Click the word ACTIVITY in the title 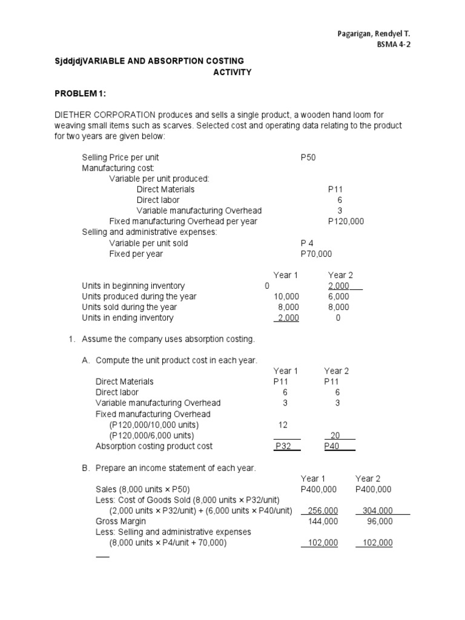click(232, 73)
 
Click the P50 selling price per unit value click(308, 157)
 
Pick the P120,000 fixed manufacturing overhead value click(346, 222)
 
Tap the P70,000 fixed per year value click(316, 254)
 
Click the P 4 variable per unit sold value click(309, 243)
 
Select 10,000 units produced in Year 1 click(286, 297)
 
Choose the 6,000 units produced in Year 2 click(338, 297)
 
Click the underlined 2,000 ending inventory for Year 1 click(288, 318)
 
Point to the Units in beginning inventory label click(133, 286)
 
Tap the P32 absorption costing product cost click(284, 446)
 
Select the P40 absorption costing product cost click(332, 446)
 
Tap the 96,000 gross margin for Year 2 click(380, 521)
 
